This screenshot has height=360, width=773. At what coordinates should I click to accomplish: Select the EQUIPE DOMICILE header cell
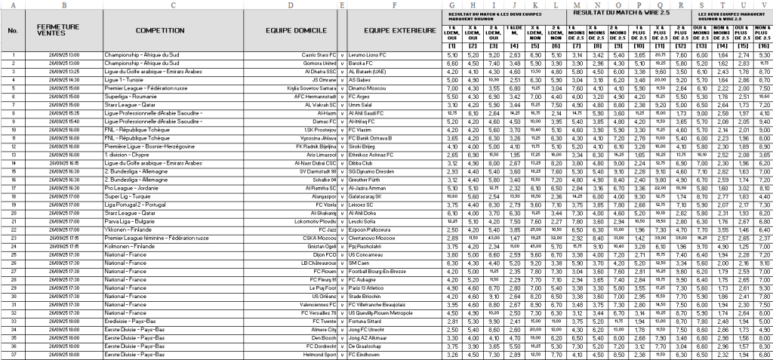click(291, 30)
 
